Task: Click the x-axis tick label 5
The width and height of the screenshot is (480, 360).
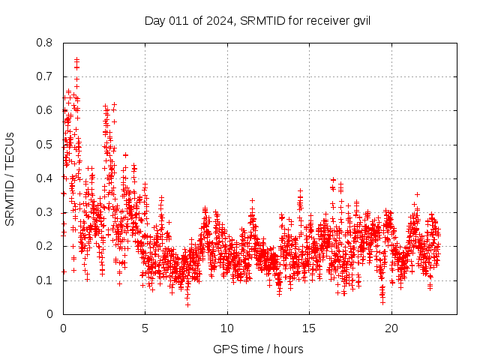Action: pos(145,328)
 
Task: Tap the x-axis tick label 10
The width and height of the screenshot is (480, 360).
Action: pos(227,328)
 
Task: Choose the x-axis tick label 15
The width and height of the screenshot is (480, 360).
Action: pos(309,328)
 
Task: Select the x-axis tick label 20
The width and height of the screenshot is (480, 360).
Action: pos(391,328)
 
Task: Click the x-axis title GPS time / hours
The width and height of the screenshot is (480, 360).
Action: pos(258,349)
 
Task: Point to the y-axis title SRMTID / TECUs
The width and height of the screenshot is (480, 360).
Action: pos(10,178)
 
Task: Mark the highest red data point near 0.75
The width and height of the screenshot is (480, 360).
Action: pos(76,59)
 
